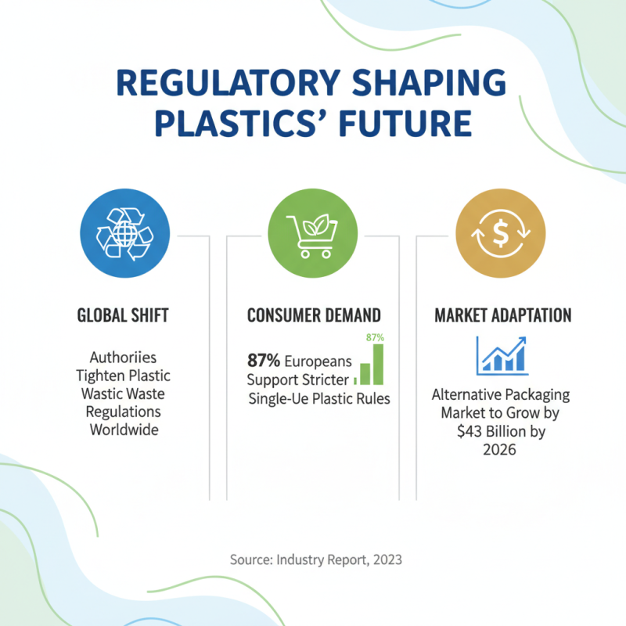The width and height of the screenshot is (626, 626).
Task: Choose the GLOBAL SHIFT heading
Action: click(x=124, y=316)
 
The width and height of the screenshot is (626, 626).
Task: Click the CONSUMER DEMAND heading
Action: click(x=314, y=316)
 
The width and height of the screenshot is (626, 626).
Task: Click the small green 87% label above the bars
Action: click(x=376, y=337)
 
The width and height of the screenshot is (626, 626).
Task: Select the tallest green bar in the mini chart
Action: click(x=378, y=364)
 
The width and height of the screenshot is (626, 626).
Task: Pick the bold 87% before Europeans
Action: click(x=264, y=361)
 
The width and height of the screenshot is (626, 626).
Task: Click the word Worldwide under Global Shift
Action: click(x=124, y=430)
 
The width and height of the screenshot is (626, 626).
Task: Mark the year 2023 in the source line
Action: click(x=387, y=559)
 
